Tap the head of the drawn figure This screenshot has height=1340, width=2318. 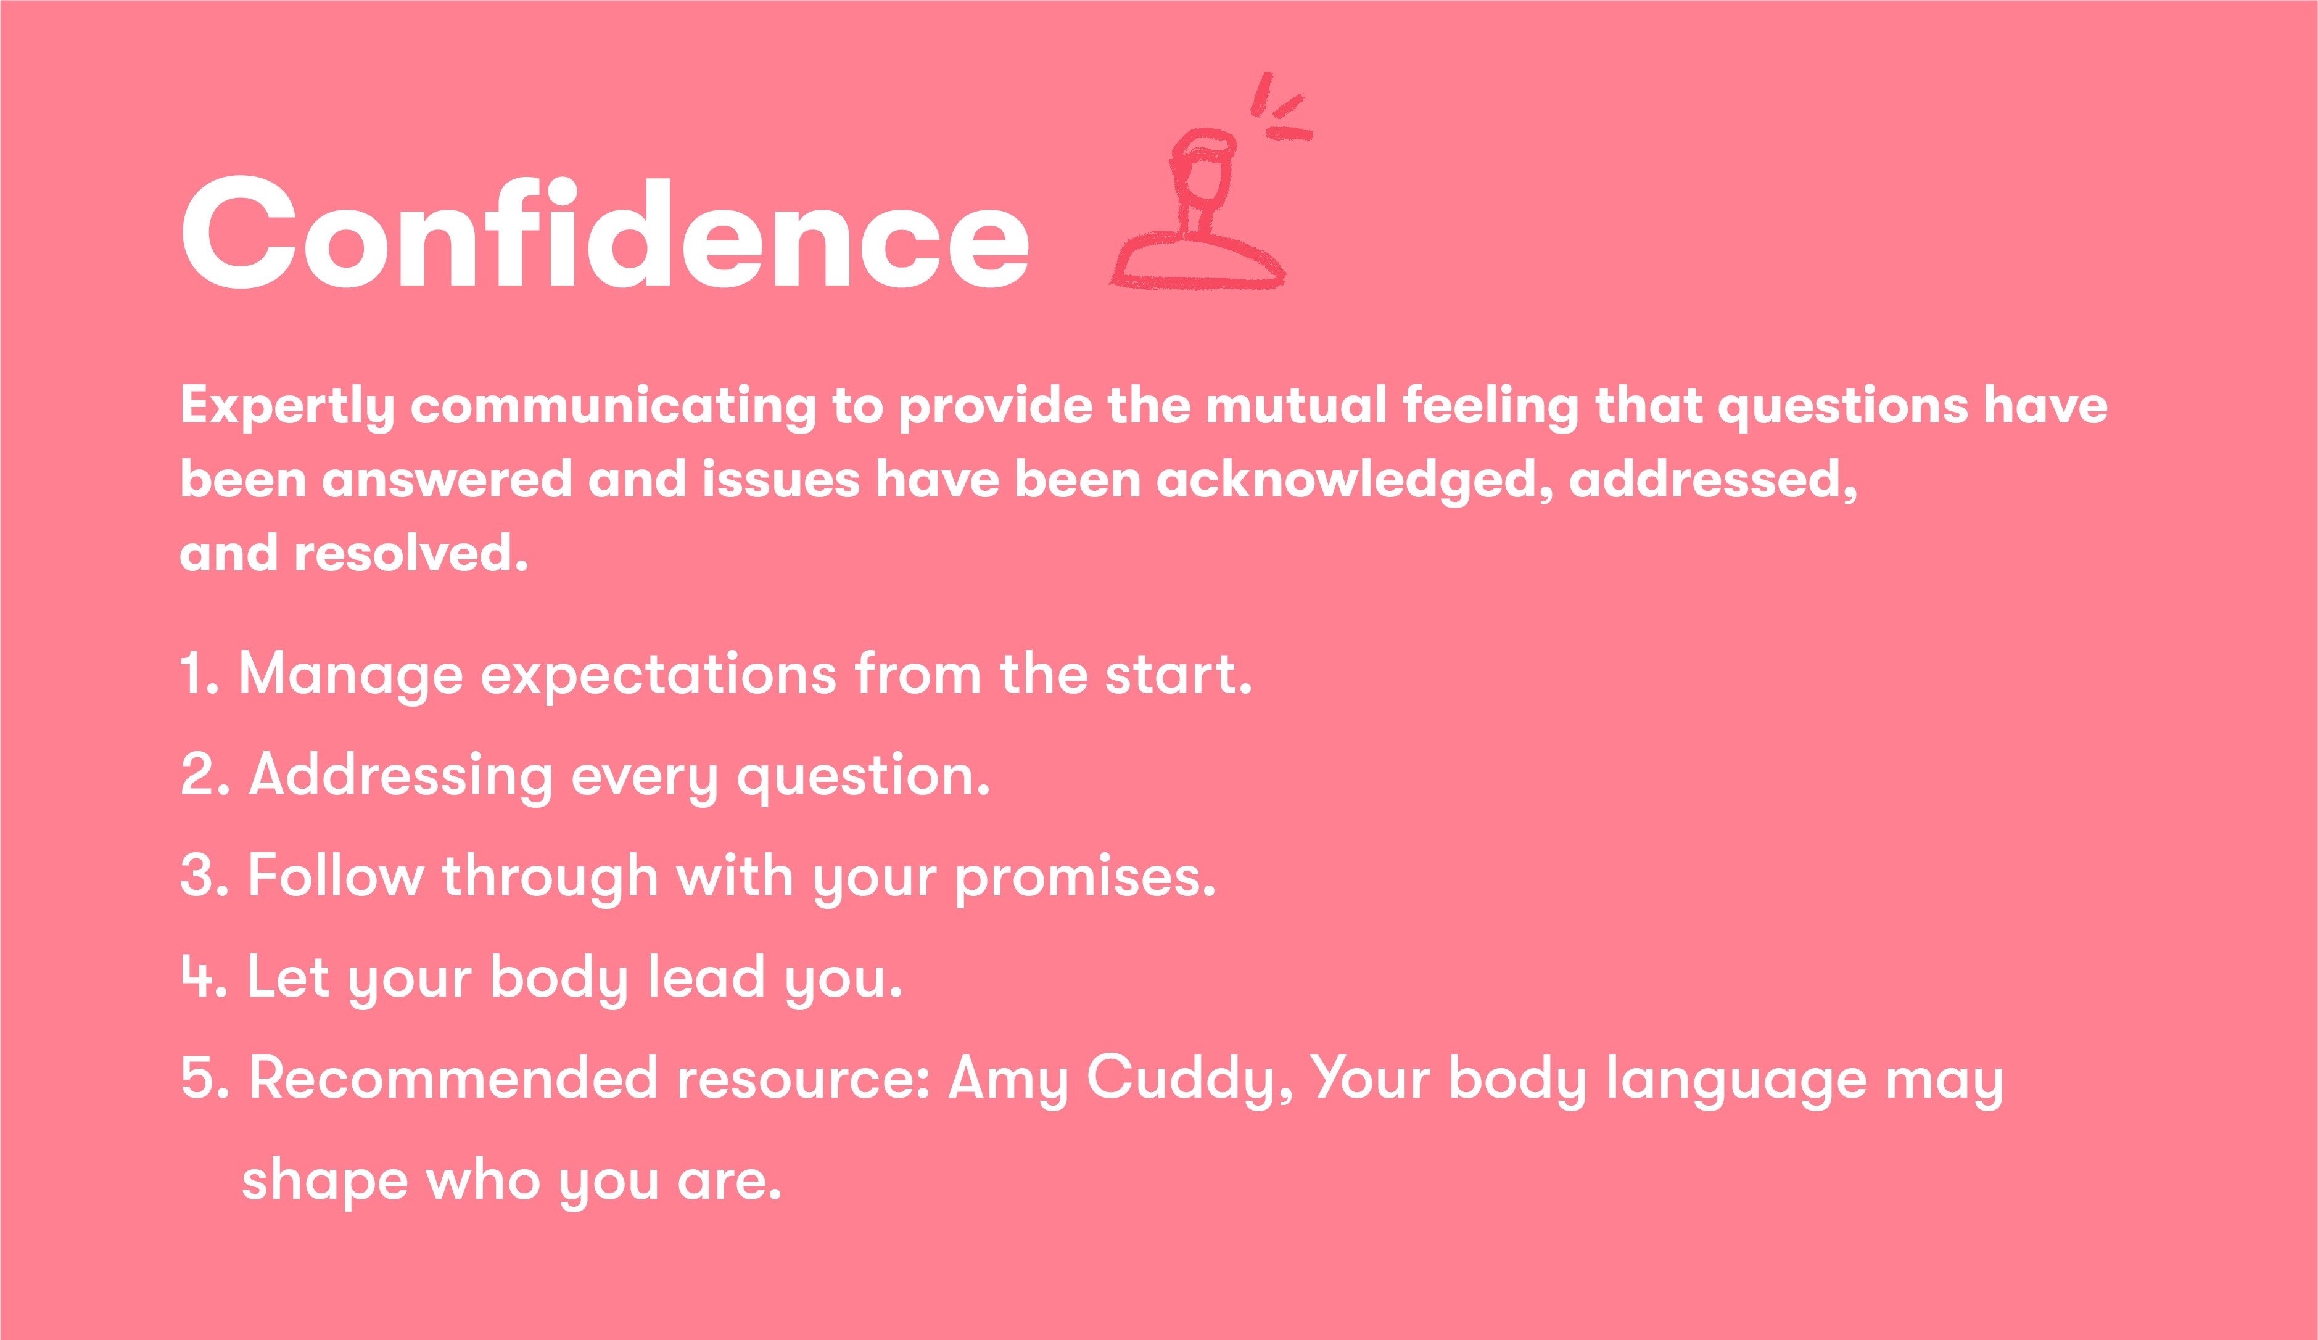1202,170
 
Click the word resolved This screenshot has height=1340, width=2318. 410,554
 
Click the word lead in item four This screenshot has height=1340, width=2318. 706,977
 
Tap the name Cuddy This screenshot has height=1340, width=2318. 1189,1079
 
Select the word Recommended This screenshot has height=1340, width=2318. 453,1078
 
